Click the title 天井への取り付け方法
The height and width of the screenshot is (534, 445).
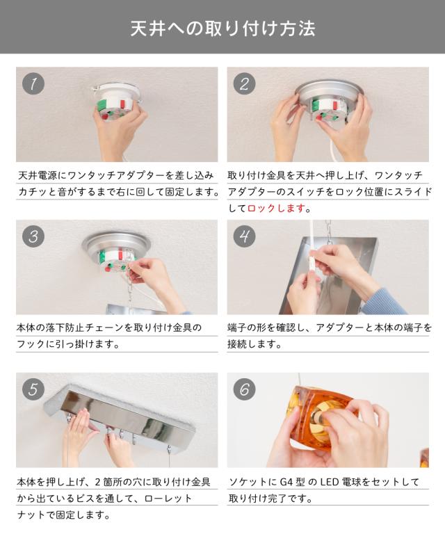coord(222,29)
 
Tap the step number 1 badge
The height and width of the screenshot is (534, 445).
coord(33,83)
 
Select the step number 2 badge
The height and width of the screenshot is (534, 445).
coord(245,83)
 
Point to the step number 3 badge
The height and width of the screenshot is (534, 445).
coord(33,236)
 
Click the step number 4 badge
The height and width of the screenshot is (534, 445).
coord(245,236)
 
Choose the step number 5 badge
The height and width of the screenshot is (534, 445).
coord(33,389)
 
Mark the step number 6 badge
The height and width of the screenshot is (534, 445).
coord(245,389)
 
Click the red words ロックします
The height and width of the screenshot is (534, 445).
coord(276,208)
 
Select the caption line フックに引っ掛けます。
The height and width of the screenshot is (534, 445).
coord(68,344)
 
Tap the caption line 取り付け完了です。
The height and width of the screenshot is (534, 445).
coord(270,499)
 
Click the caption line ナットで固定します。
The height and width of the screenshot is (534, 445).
coord(64,515)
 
